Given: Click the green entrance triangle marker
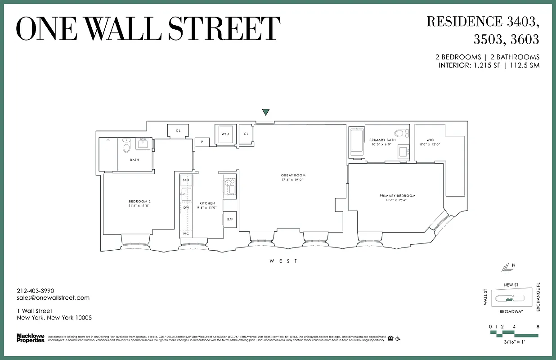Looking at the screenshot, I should [x=266, y=112].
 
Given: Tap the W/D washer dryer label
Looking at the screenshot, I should [x=224, y=134].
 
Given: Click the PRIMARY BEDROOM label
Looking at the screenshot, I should [x=397, y=196].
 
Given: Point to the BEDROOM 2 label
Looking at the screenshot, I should [x=139, y=201].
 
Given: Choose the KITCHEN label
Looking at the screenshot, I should [x=207, y=203].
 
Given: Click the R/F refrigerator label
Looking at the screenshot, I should [x=230, y=220].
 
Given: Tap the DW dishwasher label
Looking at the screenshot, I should [x=186, y=207].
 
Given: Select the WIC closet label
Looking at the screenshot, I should [x=423, y=140].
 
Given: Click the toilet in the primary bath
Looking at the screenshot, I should [x=401, y=133].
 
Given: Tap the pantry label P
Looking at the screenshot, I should [x=202, y=142].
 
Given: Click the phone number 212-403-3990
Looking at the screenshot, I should [x=35, y=291].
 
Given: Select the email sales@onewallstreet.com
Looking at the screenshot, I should [x=53, y=297].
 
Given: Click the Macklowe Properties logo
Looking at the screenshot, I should [x=31, y=338].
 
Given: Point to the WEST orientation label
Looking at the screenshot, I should [x=283, y=261].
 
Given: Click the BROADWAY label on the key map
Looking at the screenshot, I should [x=511, y=311].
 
